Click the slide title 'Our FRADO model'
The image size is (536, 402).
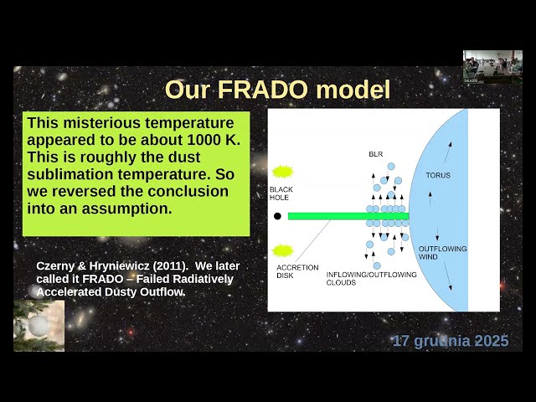[x=277, y=89]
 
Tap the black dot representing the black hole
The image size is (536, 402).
[x=277, y=216]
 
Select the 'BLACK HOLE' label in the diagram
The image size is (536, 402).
[x=281, y=194]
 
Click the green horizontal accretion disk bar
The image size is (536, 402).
[x=348, y=216]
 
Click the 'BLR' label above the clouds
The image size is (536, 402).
[x=375, y=155]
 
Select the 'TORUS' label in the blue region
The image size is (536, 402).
[x=438, y=175]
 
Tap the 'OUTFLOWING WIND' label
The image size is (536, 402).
[x=442, y=252]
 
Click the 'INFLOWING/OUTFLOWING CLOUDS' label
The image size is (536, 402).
[x=364, y=278]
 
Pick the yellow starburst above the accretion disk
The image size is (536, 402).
[x=282, y=171]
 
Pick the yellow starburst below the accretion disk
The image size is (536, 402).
[x=282, y=251]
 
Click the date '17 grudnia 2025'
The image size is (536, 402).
[x=450, y=342]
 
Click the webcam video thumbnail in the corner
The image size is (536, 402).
[x=492, y=66]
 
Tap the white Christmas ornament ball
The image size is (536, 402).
[x=39, y=326]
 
